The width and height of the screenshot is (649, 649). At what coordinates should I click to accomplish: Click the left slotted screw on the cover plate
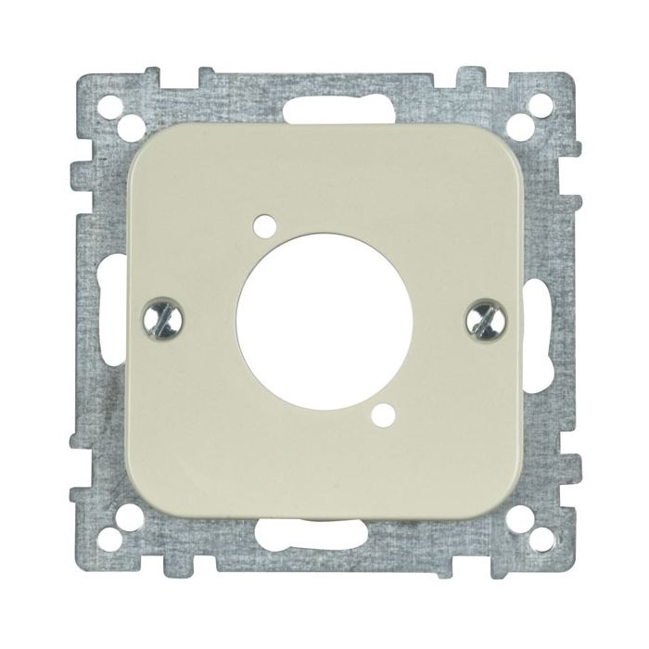pos(160,321)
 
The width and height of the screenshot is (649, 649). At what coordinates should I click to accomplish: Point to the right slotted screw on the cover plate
pos(485,322)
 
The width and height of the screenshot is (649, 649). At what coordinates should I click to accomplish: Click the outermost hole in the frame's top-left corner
pos(98,101)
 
